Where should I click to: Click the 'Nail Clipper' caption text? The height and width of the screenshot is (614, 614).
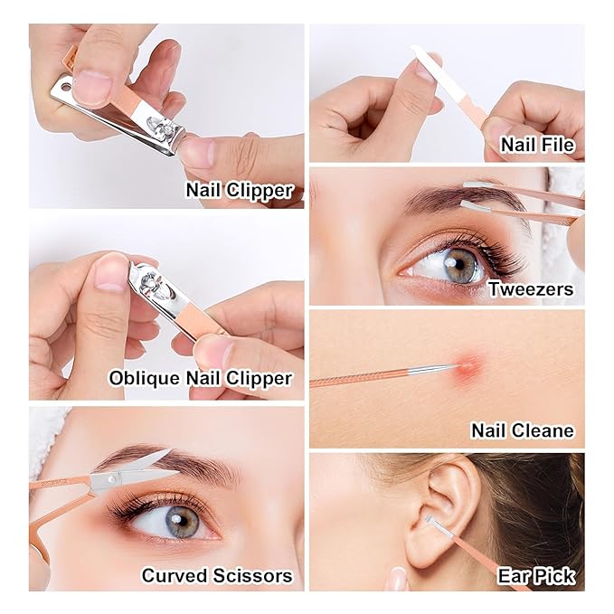(240, 191)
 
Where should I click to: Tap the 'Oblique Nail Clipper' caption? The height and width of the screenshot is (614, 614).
(201, 378)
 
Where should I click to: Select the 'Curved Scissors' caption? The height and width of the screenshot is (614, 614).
(217, 576)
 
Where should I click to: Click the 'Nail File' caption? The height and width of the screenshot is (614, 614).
(537, 145)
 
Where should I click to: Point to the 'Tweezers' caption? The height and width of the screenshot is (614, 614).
(531, 289)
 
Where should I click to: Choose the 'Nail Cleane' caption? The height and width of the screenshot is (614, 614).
(523, 430)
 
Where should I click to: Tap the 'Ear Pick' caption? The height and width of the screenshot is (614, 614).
(536, 576)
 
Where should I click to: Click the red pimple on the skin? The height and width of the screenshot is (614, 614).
(468, 366)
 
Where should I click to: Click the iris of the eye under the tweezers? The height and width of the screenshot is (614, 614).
(462, 265)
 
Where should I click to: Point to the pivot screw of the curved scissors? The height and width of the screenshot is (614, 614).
(112, 479)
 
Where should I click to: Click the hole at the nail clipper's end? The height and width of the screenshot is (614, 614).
(67, 85)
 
